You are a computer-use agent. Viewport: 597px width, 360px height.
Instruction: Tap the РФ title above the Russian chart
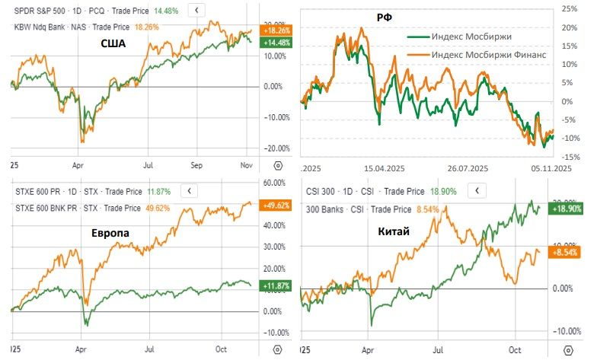(x=375, y=16)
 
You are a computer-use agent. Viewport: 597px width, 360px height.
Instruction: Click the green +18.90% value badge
(x=567, y=207)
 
